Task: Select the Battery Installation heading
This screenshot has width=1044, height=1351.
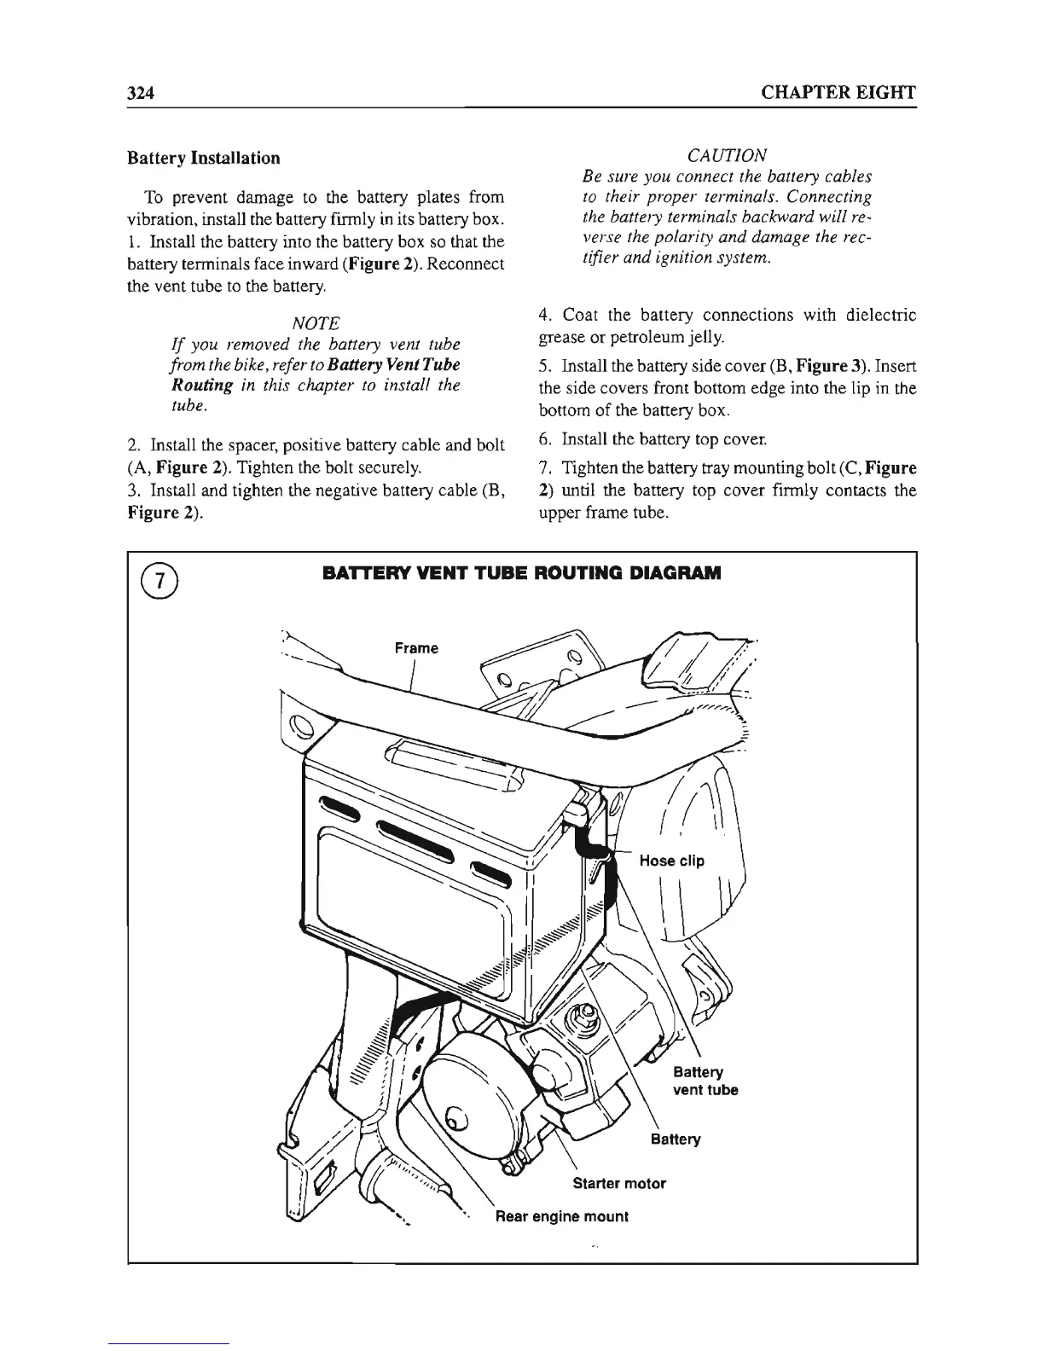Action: point(203,158)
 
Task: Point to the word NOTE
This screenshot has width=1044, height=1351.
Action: point(316,323)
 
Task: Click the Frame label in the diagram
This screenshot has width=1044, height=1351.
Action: point(416,648)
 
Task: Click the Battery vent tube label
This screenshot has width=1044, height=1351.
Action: point(705,1081)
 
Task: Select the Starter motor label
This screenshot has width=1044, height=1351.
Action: point(618,1183)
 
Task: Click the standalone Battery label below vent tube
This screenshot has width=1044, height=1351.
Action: point(675,1139)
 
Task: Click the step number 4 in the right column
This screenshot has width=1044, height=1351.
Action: point(544,316)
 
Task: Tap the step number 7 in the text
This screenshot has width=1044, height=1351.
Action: point(544,468)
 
